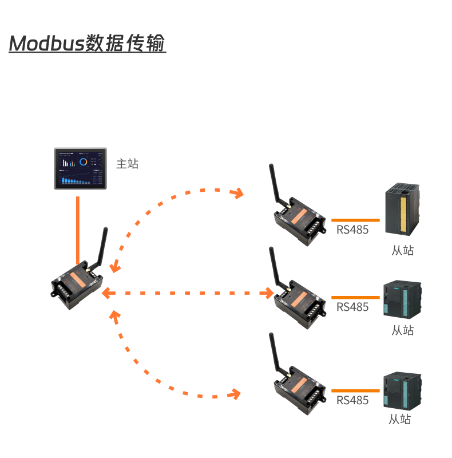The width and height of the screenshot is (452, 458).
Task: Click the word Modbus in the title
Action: (x=46, y=44)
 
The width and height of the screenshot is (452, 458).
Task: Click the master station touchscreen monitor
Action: (x=81, y=168)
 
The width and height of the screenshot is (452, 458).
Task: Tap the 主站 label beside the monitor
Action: (x=127, y=164)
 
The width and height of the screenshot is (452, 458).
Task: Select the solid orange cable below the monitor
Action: (x=78, y=229)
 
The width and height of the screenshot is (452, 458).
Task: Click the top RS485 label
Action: (x=352, y=230)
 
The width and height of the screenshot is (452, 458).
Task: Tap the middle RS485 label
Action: (x=352, y=307)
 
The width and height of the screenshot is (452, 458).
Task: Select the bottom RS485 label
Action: (x=352, y=400)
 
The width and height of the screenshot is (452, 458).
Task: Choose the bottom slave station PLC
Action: (x=402, y=390)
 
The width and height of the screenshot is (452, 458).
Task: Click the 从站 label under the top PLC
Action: (x=403, y=250)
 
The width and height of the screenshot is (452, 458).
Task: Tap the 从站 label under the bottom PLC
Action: (x=400, y=419)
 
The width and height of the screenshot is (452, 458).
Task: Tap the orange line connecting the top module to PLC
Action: (x=355, y=219)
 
